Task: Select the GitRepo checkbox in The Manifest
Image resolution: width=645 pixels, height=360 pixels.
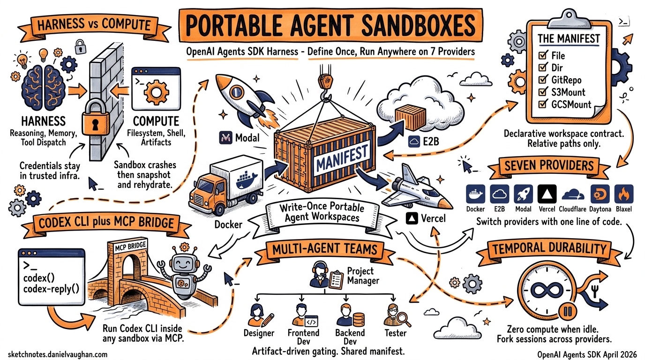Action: pyautogui.click(x=544, y=80)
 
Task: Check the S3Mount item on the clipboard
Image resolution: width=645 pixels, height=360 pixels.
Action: pyautogui.click(x=544, y=92)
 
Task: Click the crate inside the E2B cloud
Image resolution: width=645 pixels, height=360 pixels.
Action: pyautogui.click(x=409, y=116)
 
